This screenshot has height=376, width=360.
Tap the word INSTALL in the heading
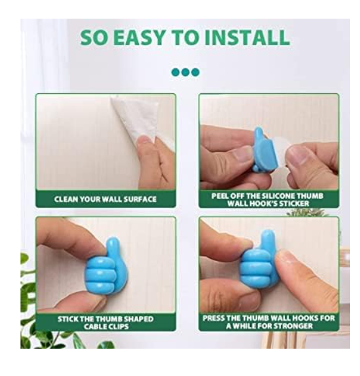coord(247,37)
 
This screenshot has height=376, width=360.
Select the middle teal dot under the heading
coord(186,72)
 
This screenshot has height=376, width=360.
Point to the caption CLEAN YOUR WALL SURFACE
coord(106,199)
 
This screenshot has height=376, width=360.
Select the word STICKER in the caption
coord(294,204)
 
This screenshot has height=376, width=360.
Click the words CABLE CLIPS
coord(106,326)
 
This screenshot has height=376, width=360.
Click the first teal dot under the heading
coord(176,72)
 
